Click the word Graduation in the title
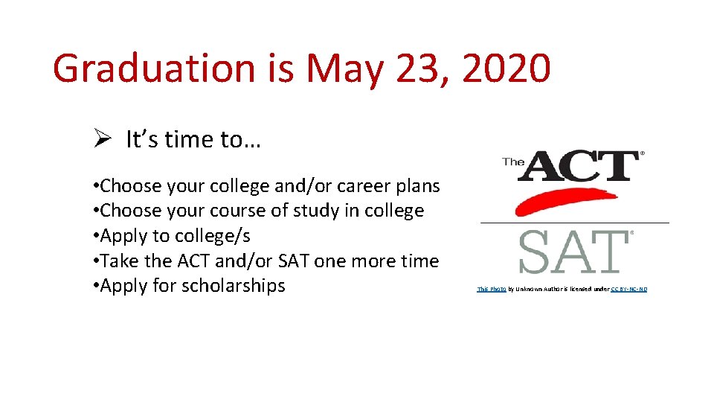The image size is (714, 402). pyautogui.click(x=154, y=68)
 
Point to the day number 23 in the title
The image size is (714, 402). pyautogui.click(x=425, y=68)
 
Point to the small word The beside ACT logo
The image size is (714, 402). pyautogui.click(x=513, y=161)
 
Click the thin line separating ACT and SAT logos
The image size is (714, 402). pyautogui.click(x=574, y=223)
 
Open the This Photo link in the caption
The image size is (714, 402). pyautogui.click(x=491, y=289)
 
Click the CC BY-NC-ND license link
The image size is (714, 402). pyautogui.click(x=628, y=289)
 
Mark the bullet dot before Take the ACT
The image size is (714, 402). pyautogui.click(x=97, y=261)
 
